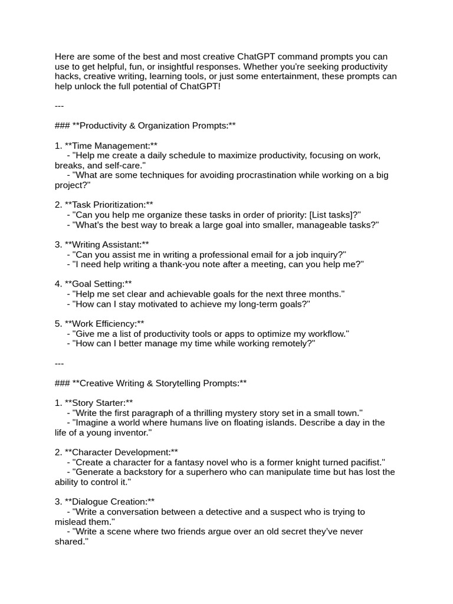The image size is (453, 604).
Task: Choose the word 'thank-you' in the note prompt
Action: (x=173, y=264)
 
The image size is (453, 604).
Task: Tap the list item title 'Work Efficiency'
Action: (x=104, y=323)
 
